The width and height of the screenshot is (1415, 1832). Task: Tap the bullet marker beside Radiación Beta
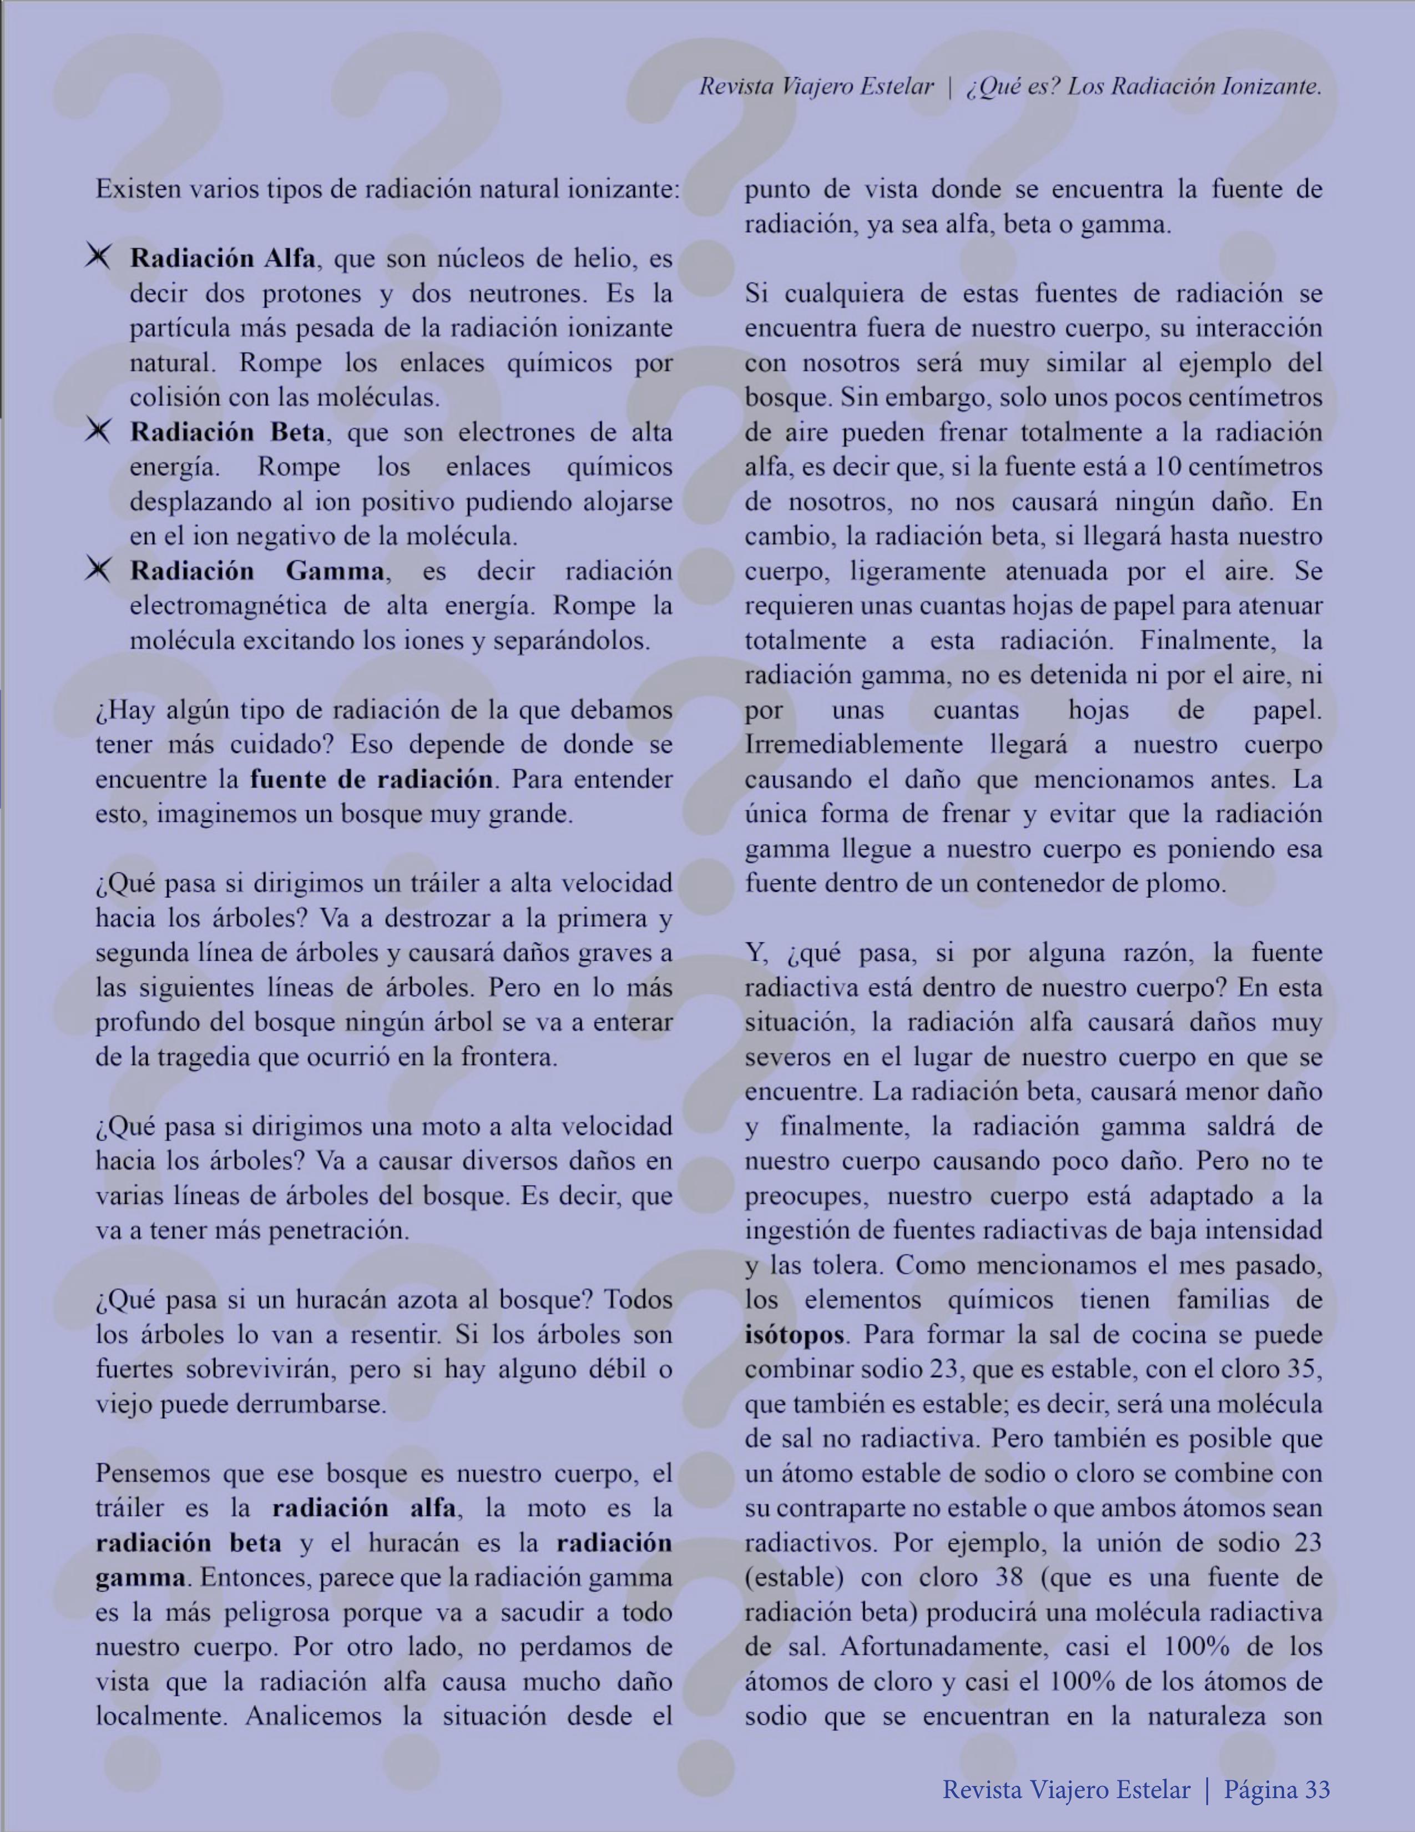(98, 431)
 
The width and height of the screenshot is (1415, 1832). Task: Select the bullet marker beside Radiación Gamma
(98, 571)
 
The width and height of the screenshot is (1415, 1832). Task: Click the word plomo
(1189, 884)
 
